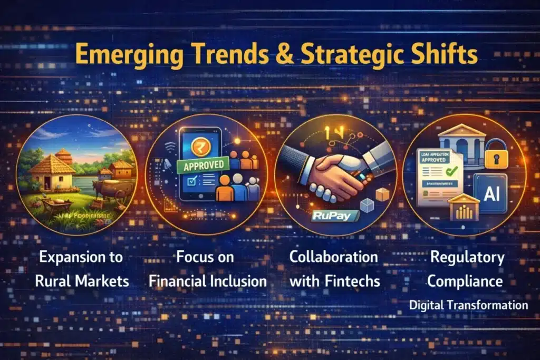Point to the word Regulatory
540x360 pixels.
point(467,258)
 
